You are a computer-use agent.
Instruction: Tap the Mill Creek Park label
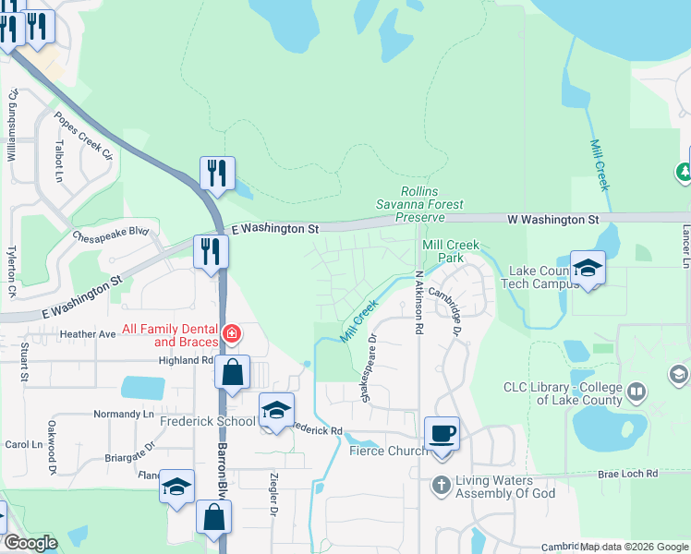(442, 250)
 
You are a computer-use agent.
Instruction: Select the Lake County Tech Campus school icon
(588, 269)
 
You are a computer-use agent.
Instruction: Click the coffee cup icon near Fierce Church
(442, 433)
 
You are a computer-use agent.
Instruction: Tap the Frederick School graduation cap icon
(276, 410)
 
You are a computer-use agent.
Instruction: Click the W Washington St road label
(553, 220)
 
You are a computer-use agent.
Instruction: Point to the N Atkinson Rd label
(418, 295)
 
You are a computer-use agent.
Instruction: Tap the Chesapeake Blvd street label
(111, 233)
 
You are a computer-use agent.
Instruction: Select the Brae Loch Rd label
(627, 473)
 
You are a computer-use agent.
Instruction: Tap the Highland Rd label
(186, 361)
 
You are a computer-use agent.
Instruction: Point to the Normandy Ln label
(123, 415)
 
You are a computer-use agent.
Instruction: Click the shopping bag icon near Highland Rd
(232, 374)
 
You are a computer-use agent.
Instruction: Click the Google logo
(30, 543)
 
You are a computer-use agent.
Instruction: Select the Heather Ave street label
(88, 333)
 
